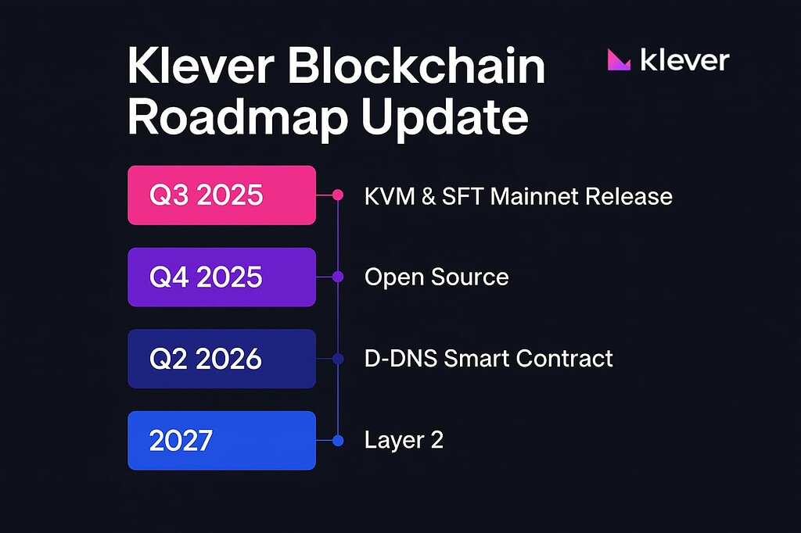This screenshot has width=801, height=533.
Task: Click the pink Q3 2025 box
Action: pos(221,195)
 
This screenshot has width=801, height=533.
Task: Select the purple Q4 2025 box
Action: pos(221,277)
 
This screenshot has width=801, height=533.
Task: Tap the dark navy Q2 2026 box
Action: pos(221,359)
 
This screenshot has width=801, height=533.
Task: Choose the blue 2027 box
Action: pos(221,440)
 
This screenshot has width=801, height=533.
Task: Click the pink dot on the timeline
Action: pos(338,195)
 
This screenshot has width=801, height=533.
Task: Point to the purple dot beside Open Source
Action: pos(338,277)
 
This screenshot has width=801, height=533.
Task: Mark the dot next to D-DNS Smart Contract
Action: pos(338,359)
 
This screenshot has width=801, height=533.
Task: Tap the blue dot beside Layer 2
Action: pos(338,441)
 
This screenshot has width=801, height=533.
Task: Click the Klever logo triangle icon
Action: pos(619,60)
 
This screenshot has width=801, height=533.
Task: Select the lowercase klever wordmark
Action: pos(684,60)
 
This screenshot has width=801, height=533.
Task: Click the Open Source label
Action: pos(436,277)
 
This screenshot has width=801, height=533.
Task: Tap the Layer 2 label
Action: pos(404,440)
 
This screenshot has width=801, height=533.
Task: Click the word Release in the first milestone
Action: pos(634,195)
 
